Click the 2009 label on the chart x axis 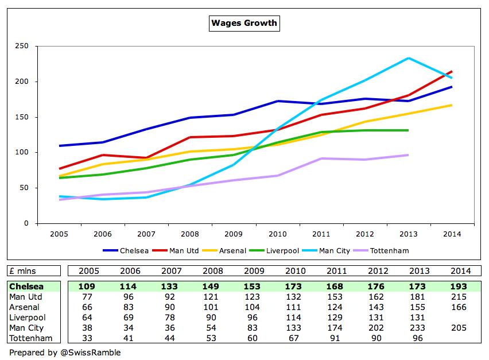click(x=234, y=234)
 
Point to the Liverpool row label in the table click(x=26, y=317)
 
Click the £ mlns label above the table click(x=22, y=271)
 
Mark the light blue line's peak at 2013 click(x=408, y=58)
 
